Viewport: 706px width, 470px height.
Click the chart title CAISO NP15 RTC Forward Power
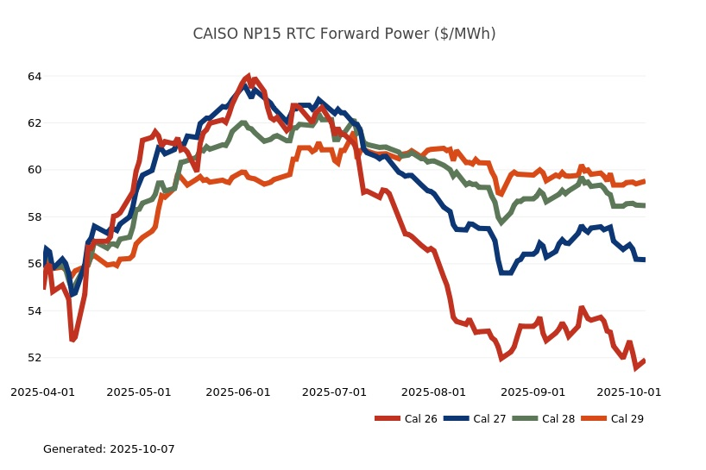(x=344, y=34)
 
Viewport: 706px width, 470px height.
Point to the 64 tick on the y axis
(x=35, y=77)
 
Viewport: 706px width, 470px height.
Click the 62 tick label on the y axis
(x=35, y=123)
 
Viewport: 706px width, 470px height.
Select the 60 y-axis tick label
(x=35, y=170)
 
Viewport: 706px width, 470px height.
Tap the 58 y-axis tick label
(x=35, y=217)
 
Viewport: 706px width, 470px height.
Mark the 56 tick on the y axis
(x=35, y=264)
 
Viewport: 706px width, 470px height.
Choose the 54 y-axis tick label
(x=35, y=310)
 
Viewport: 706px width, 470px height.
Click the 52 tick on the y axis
(x=35, y=358)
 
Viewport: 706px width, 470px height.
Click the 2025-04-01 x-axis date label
(x=43, y=392)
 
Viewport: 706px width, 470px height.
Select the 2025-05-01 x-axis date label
(x=140, y=392)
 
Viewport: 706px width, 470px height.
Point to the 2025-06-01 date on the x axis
(x=237, y=392)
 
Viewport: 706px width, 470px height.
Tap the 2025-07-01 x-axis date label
(x=334, y=392)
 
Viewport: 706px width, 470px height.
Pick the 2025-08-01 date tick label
(x=434, y=392)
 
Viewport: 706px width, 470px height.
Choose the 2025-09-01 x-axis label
(x=533, y=392)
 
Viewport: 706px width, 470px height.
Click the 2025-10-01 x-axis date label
(x=629, y=392)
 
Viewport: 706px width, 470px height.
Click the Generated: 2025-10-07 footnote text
(x=109, y=449)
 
